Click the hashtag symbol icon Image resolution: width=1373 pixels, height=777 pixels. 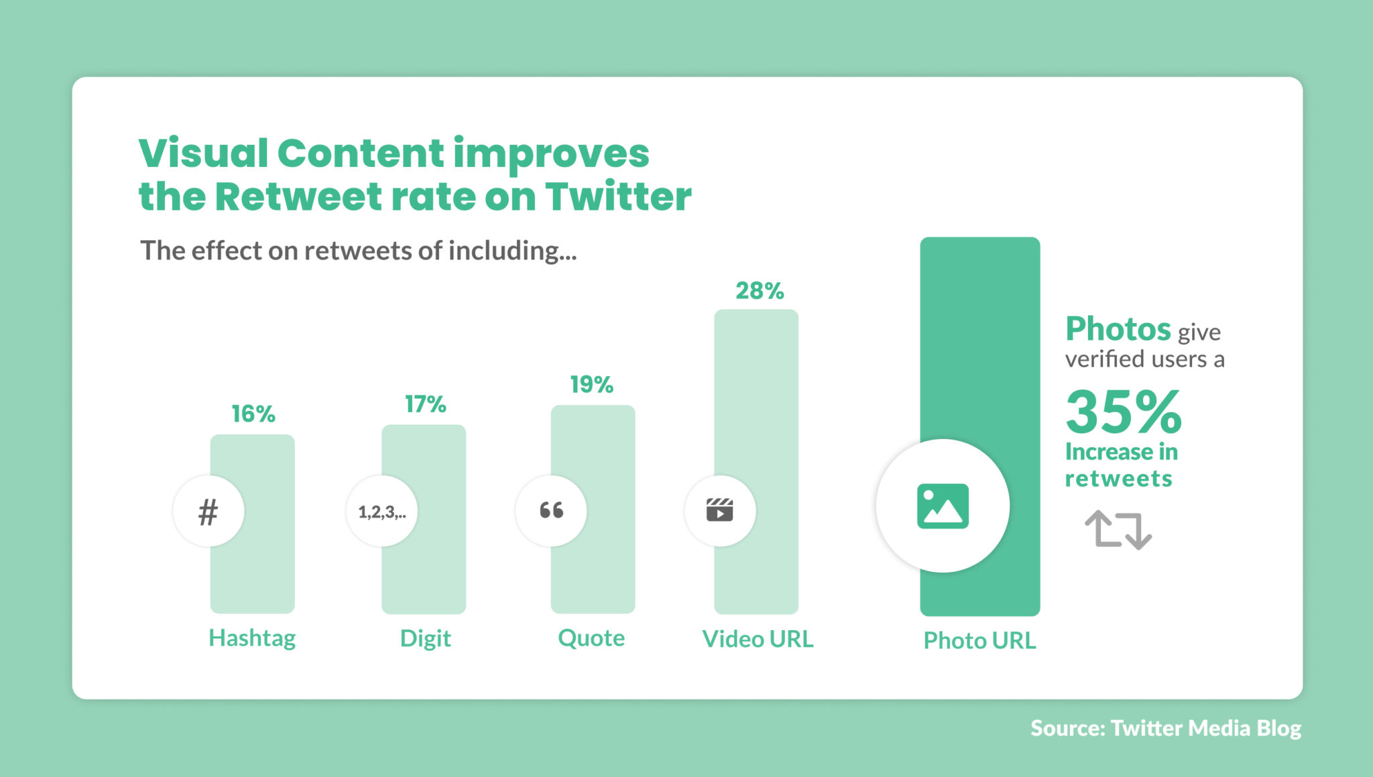pos(208,512)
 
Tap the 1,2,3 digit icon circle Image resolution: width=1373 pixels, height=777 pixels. pos(382,512)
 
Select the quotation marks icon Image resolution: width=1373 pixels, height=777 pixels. pos(552,511)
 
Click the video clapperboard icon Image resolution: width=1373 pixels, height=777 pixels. pos(720,511)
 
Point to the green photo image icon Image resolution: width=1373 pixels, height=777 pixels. pos(943,506)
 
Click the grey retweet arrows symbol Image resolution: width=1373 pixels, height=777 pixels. pos(1118,530)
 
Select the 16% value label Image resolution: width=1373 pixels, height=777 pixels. pos(253,414)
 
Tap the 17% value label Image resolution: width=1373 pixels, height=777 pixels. pos(425,404)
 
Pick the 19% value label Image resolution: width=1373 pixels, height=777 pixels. pos(591,385)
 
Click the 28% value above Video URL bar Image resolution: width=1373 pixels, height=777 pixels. pos(760,291)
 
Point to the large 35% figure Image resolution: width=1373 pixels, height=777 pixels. pos(1124,412)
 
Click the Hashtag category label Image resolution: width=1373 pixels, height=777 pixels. pos(252,638)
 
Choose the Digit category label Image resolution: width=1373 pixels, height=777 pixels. pos(425,638)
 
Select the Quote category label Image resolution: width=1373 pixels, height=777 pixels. pos(591,638)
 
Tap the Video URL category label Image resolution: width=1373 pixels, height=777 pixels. pos(758,639)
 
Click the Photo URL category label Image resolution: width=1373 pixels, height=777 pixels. pos(979,640)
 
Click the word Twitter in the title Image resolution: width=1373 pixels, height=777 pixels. pos(617,196)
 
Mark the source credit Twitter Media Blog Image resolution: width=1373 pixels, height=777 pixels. pos(1205,728)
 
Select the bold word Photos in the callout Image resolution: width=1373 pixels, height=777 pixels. pos(1118,329)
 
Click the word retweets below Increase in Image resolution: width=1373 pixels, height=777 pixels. pos(1118,479)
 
